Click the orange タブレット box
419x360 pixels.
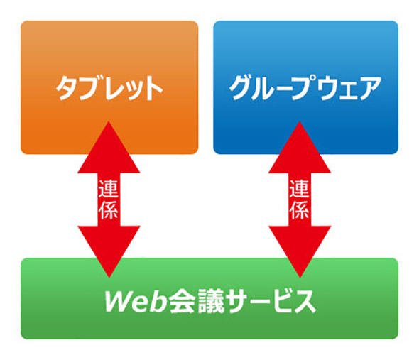(109, 87)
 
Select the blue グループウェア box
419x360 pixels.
(305, 87)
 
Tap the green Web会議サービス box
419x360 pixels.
(209, 298)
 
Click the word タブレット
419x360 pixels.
(109, 88)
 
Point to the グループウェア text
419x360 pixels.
(305, 87)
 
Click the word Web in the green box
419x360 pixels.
(136, 301)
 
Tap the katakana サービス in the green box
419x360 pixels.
(271, 301)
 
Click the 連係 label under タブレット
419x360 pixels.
(109, 200)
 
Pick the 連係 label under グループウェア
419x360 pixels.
(299, 200)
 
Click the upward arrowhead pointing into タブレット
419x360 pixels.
(109, 147)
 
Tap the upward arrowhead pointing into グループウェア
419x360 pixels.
(300, 147)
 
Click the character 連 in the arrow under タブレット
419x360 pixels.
(109, 189)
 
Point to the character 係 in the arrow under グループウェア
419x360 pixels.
(299, 210)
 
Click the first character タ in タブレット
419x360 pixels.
(67, 88)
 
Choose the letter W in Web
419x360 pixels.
(119, 301)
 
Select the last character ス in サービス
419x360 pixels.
(304, 302)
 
